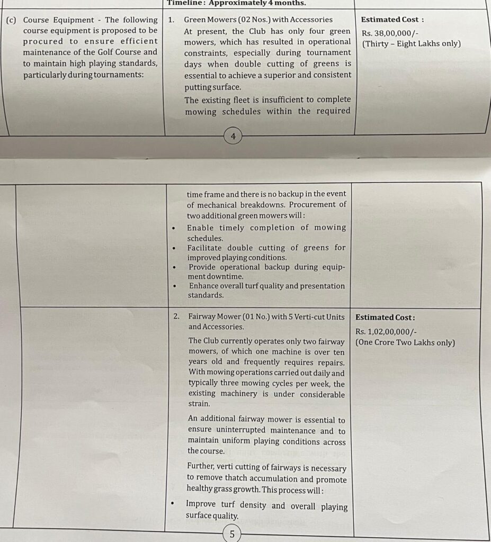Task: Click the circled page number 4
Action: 233,137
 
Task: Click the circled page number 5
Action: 232,534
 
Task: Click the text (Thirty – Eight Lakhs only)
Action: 411,43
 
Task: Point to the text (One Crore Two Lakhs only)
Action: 405,342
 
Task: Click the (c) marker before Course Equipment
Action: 11,20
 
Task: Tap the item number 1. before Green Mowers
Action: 171,20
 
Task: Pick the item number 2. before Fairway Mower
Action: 177,317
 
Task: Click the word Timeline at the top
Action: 184,3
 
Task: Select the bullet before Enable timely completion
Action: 174,228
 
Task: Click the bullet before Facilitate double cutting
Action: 174,248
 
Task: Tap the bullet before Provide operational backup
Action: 174,267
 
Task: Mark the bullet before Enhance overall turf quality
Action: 174,286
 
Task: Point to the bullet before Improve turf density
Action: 173,505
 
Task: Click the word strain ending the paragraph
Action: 199,404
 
